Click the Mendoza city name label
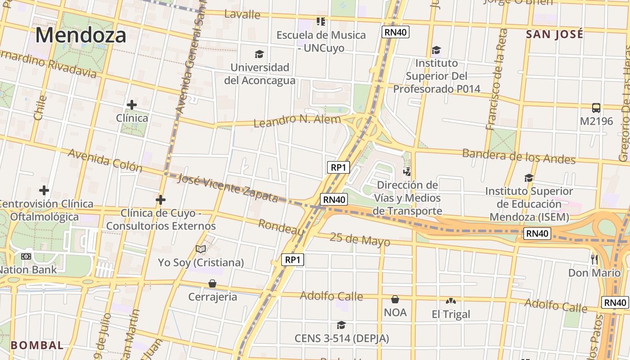tap(81, 35)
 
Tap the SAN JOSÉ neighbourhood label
tap(554, 34)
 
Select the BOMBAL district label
tap(37, 346)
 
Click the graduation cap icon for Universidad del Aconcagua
tap(259, 54)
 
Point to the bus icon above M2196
tap(596, 108)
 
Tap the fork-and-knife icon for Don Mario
tap(594, 259)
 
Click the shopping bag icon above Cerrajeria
tap(212, 283)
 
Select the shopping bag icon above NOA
tap(395, 299)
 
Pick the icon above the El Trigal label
tap(450, 301)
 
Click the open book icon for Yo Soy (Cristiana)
tap(201, 249)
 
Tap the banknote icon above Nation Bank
tap(26, 256)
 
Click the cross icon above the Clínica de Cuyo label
tap(161, 199)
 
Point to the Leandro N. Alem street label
tap(297, 121)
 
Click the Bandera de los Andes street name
tap(519, 156)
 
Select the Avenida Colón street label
tap(105, 160)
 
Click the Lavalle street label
tap(242, 14)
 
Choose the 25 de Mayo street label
tap(360, 239)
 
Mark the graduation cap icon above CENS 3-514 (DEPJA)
tap(342, 325)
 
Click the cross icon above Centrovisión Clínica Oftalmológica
tap(44, 190)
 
